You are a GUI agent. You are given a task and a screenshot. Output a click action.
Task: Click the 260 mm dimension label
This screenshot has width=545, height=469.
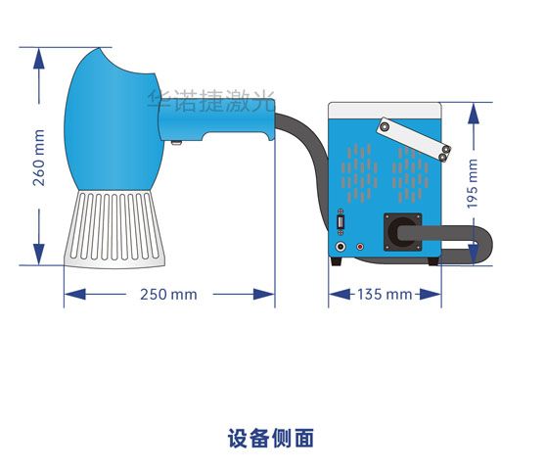point(38,158)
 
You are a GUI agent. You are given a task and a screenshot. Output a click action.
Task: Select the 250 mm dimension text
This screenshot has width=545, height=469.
point(168,295)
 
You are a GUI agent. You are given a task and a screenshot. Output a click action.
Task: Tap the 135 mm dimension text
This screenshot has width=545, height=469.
point(385,295)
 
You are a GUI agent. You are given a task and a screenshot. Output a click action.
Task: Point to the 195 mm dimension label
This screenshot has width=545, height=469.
point(473,184)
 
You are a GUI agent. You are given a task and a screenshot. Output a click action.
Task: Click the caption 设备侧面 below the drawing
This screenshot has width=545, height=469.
point(271,438)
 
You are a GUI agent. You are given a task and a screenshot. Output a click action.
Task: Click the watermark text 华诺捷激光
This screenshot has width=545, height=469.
point(211,101)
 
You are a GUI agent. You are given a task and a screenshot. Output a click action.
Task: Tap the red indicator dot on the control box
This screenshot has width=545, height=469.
point(360,247)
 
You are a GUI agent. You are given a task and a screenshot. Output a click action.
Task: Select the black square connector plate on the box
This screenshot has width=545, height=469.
point(402,232)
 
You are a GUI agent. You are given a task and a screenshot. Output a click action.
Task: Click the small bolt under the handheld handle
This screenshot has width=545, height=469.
point(176,142)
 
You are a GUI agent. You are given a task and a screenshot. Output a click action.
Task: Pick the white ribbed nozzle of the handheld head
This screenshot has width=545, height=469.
point(114,229)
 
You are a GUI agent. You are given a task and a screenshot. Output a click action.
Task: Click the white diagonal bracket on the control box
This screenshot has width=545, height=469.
point(413,140)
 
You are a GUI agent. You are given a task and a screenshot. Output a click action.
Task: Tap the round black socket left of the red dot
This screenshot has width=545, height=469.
point(341,247)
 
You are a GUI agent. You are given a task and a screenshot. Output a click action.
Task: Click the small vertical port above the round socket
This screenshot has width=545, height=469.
point(341,222)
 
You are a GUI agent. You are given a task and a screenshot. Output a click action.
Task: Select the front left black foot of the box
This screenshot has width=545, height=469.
point(337,261)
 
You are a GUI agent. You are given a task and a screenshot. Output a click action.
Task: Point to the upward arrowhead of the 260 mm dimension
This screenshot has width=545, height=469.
point(38,59)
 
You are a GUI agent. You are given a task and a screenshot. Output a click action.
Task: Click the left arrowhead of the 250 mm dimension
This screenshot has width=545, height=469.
point(74,295)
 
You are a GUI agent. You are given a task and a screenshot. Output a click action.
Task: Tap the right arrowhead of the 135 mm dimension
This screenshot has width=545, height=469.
point(431,295)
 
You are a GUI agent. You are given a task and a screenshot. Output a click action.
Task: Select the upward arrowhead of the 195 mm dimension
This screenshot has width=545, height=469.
point(474,114)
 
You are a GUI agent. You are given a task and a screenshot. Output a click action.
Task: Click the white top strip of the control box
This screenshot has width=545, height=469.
point(386,111)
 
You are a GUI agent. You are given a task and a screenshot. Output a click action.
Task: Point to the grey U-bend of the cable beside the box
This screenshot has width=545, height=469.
point(486,244)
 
